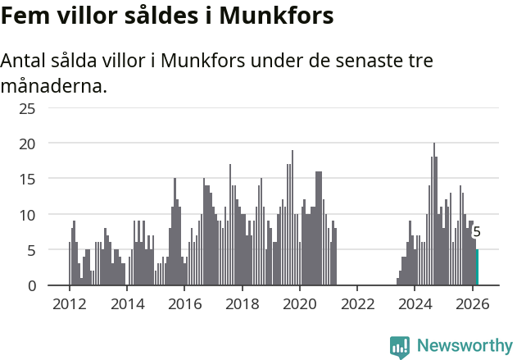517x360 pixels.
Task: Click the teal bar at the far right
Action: pyautogui.click(x=477, y=267)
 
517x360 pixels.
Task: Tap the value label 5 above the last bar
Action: pyautogui.click(x=477, y=233)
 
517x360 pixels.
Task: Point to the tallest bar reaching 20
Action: pyautogui.click(x=434, y=215)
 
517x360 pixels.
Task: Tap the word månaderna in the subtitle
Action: pyautogui.click(x=53, y=85)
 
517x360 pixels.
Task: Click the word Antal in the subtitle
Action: pyautogui.click(x=25, y=62)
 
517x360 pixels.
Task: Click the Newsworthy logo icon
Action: pyautogui.click(x=399, y=346)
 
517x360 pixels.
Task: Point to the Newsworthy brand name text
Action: pyautogui.click(x=464, y=346)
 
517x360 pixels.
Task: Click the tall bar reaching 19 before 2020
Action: pyautogui.click(x=293, y=218)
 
